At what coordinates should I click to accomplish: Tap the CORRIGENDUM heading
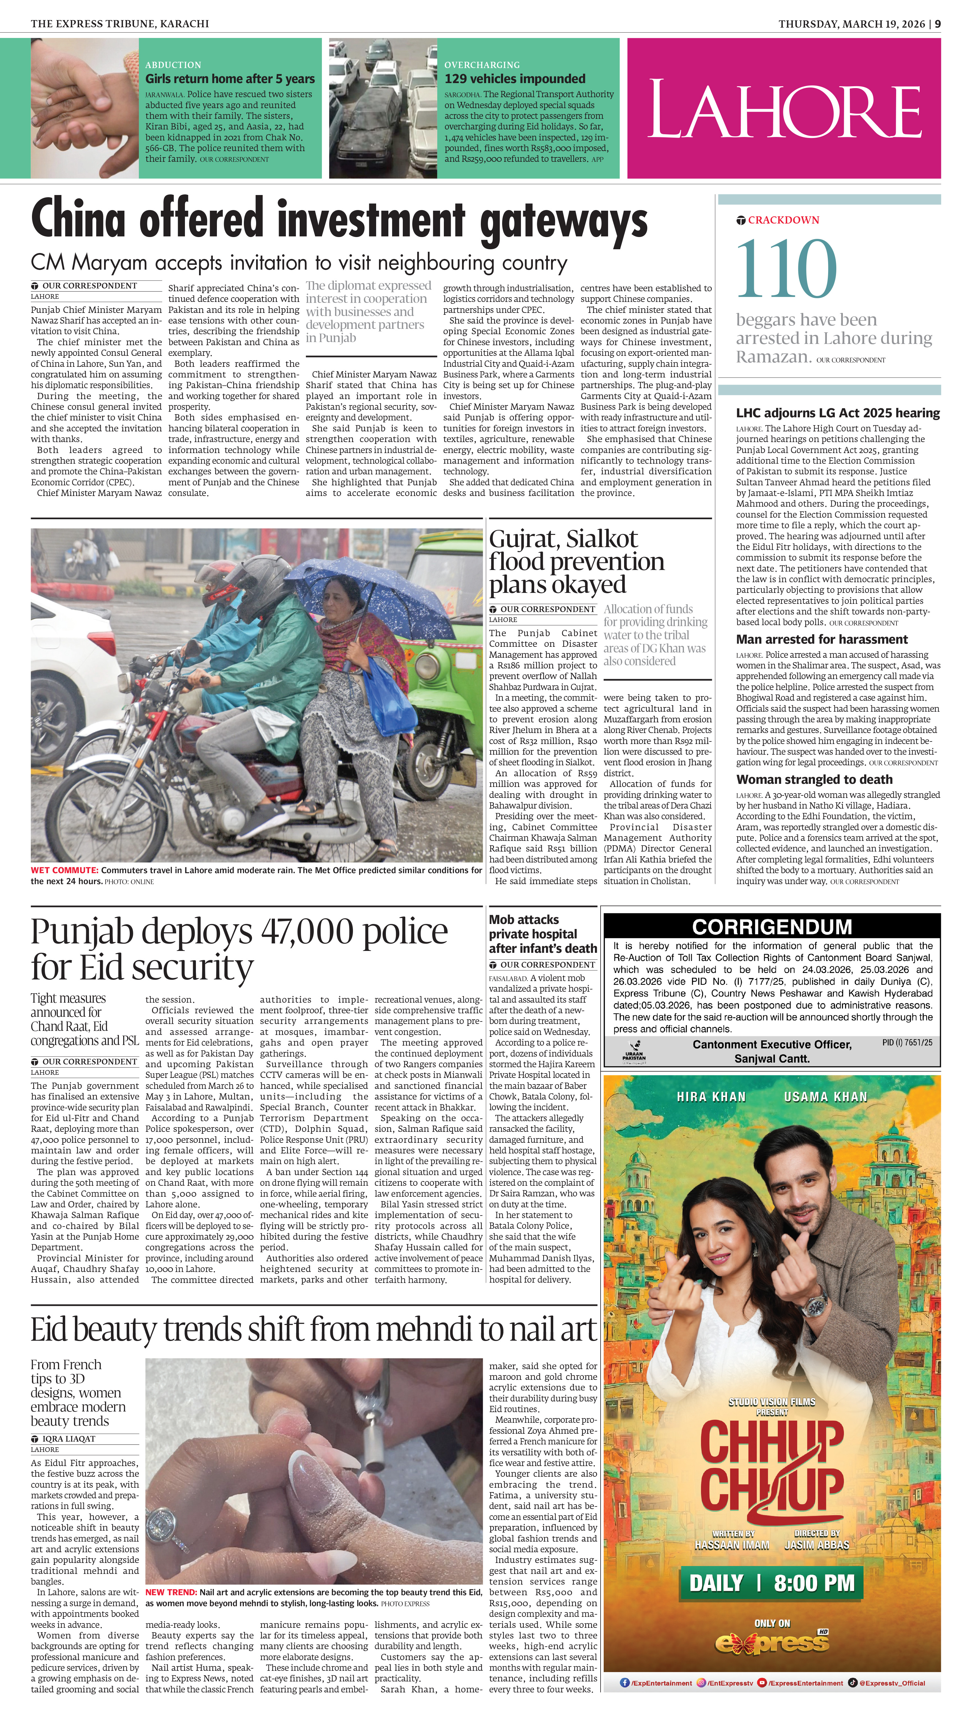pyautogui.click(x=772, y=926)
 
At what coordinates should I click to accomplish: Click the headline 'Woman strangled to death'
pyautogui.click(x=814, y=779)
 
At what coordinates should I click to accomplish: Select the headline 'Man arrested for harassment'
pyautogui.click(x=822, y=639)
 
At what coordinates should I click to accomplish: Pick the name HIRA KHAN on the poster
pyautogui.click(x=711, y=1096)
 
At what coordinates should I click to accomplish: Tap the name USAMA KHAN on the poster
pyautogui.click(x=825, y=1096)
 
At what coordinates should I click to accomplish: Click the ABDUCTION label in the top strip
pyautogui.click(x=173, y=65)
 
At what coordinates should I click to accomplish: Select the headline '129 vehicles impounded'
pyautogui.click(x=515, y=79)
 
